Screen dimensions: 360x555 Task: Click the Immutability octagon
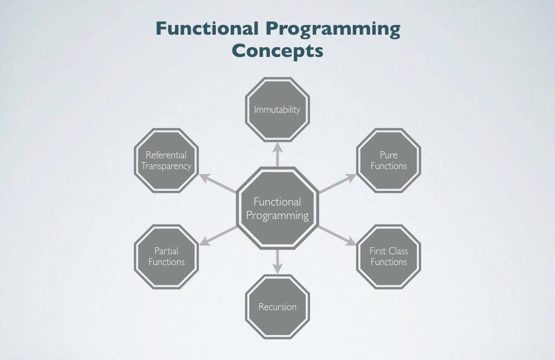click(277, 110)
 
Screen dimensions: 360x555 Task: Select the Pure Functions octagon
click(389, 160)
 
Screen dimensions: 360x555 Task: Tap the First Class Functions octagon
click(389, 256)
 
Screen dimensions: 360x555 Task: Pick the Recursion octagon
click(277, 307)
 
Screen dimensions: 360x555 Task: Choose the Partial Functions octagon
click(166, 256)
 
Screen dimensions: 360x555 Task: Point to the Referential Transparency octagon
click(166, 160)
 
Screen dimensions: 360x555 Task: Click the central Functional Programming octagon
click(277, 208)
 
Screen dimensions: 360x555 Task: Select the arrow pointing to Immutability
click(277, 155)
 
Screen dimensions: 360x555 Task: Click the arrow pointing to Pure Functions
click(337, 183)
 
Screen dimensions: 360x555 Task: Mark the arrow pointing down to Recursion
click(277, 261)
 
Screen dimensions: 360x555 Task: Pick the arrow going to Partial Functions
click(217, 235)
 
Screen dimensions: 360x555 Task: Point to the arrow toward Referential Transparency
click(217, 183)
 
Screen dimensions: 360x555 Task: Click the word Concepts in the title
click(277, 50)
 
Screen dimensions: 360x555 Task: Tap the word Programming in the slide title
click(332, 29)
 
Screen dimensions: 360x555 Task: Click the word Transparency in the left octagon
click(166, 166)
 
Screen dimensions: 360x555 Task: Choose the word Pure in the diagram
click(389, 155)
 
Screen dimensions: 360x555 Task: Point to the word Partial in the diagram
click(166, 251)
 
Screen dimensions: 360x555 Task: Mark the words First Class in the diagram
click(389, 251)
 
